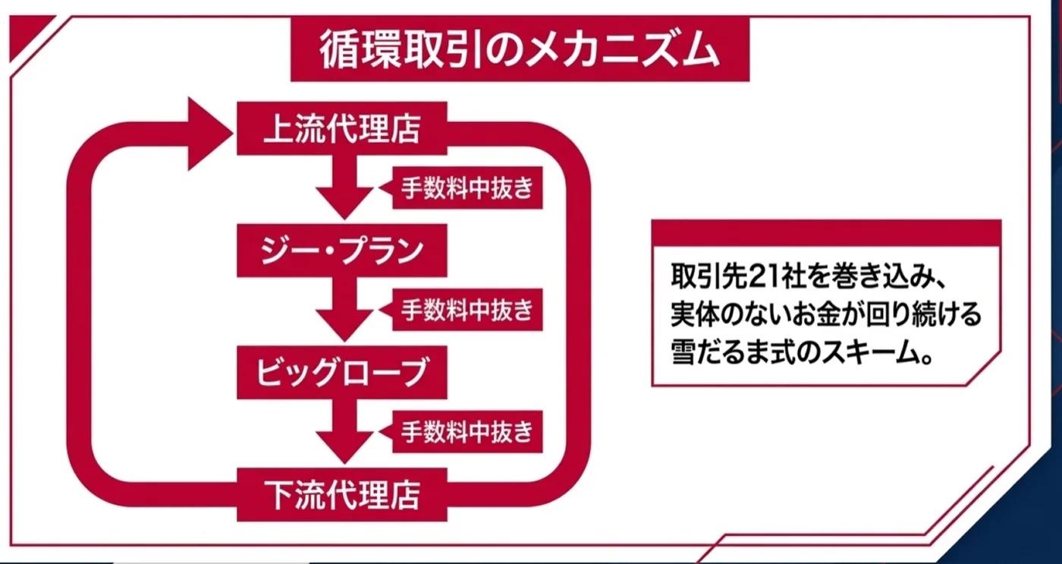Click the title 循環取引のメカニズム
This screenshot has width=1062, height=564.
pyautogui.click(x=520, y=49)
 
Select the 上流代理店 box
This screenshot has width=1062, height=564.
pyautogui.click(x=342, y=128)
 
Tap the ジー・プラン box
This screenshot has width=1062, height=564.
pyautogui.click(x=342, y=250)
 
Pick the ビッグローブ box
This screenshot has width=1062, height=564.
pyautogui.click(x=342, y=373)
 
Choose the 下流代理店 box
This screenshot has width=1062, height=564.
pyautogui.click(x=342, y=495)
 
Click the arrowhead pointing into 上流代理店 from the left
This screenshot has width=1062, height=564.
pyautogui.click(x=208, y=134)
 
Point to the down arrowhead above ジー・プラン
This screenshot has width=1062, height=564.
pyautogui.click(x=344, y=202)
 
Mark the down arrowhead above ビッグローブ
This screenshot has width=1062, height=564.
pyautogui.click(x=344, y=324)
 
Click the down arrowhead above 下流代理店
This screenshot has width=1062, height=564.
pyautogui.click(x=344, y=446)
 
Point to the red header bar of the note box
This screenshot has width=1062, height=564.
pyautogui.click(x=826, y=232)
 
